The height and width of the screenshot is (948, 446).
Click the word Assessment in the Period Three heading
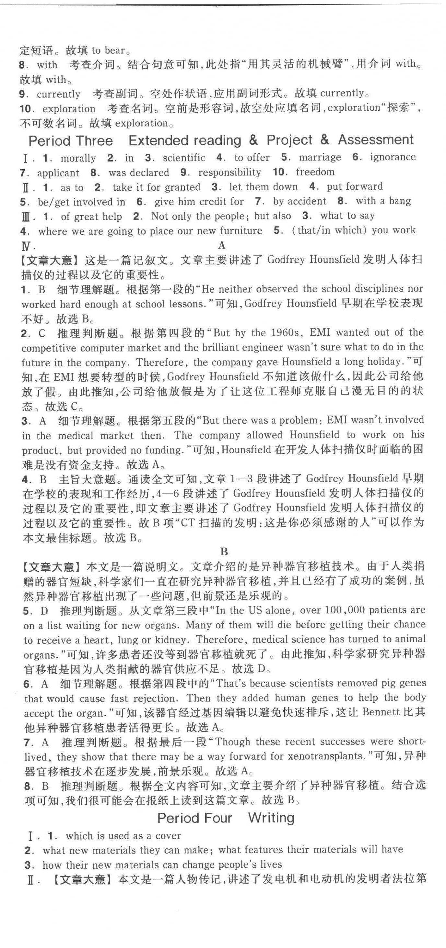click(x=376, y=140)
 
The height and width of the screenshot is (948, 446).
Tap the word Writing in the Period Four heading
click(x=271, y=818)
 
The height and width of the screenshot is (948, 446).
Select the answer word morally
click(x=78, y=158)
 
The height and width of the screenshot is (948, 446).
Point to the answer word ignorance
click(x=393, y=157)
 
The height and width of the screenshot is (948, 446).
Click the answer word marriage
click(x=320, y=158)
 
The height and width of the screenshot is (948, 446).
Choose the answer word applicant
click(x=58, y=173)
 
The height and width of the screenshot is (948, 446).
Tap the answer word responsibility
click(x=229, y=172)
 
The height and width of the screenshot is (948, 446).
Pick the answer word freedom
click(x=315, y=172)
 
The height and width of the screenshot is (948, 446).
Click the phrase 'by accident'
click(x=299, y=201)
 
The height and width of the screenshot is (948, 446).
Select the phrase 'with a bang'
click(x=383, y=201)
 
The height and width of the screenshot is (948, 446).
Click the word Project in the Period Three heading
click(x=289, y=140)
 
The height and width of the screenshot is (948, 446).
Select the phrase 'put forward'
click(x=354, y=186)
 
